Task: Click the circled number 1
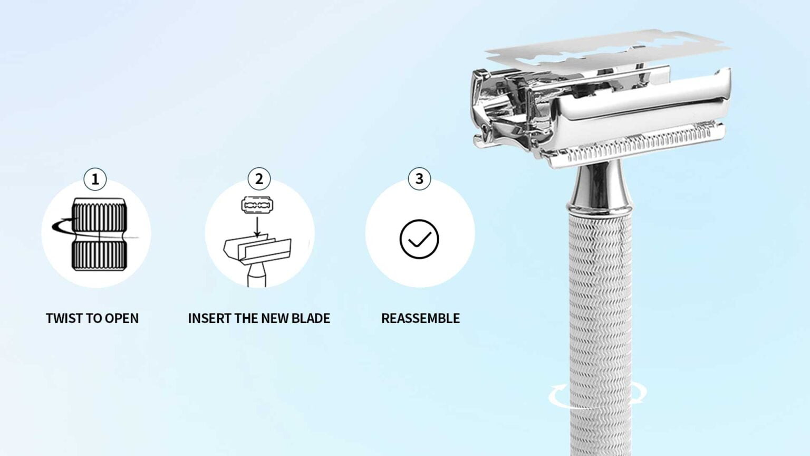pos(95,179)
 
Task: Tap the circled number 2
pos(259,179)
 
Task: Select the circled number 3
pos(420,179)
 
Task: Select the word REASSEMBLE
pos(420,318)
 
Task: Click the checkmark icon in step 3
pos(419,239)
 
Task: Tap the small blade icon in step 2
pos(257,205)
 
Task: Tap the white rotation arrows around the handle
pos(598,395)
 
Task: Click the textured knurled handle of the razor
pos(600,296)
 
